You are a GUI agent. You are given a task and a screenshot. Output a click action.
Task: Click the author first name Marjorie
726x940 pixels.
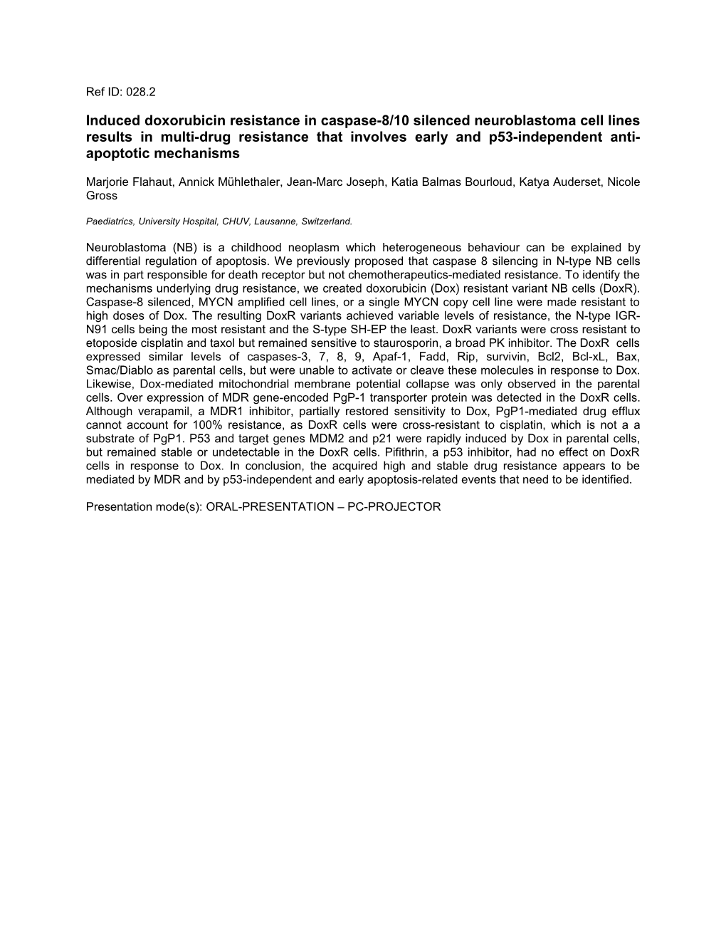pos(107,182)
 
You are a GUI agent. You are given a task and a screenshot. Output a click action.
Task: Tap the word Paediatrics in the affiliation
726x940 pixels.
pos(110,221)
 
